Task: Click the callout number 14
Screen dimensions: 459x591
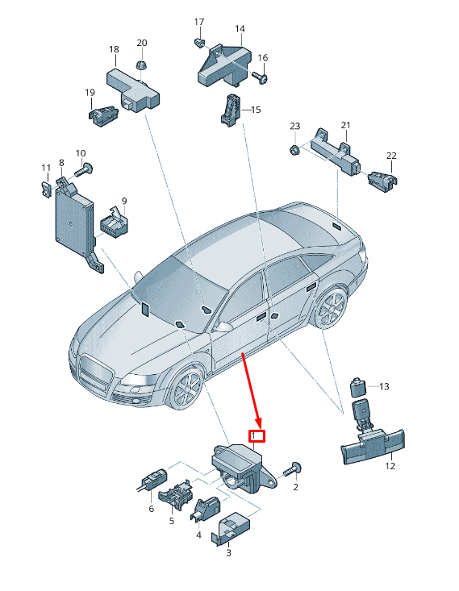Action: point(240,29)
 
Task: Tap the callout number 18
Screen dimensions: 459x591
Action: point(114,49)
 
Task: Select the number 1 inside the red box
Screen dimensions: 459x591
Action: point(254,435)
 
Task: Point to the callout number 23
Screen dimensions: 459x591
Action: point(295,126)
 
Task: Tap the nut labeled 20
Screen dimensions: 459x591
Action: point(141,65)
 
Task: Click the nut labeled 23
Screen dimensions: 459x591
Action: point(294,150)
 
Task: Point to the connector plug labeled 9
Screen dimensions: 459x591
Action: point(114,223)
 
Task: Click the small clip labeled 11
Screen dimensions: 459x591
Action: point(45,189)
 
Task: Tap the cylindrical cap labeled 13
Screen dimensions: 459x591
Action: point(359,387)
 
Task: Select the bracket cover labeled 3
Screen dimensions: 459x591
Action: point(231,527)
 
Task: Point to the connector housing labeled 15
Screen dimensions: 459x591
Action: point(231,110)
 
